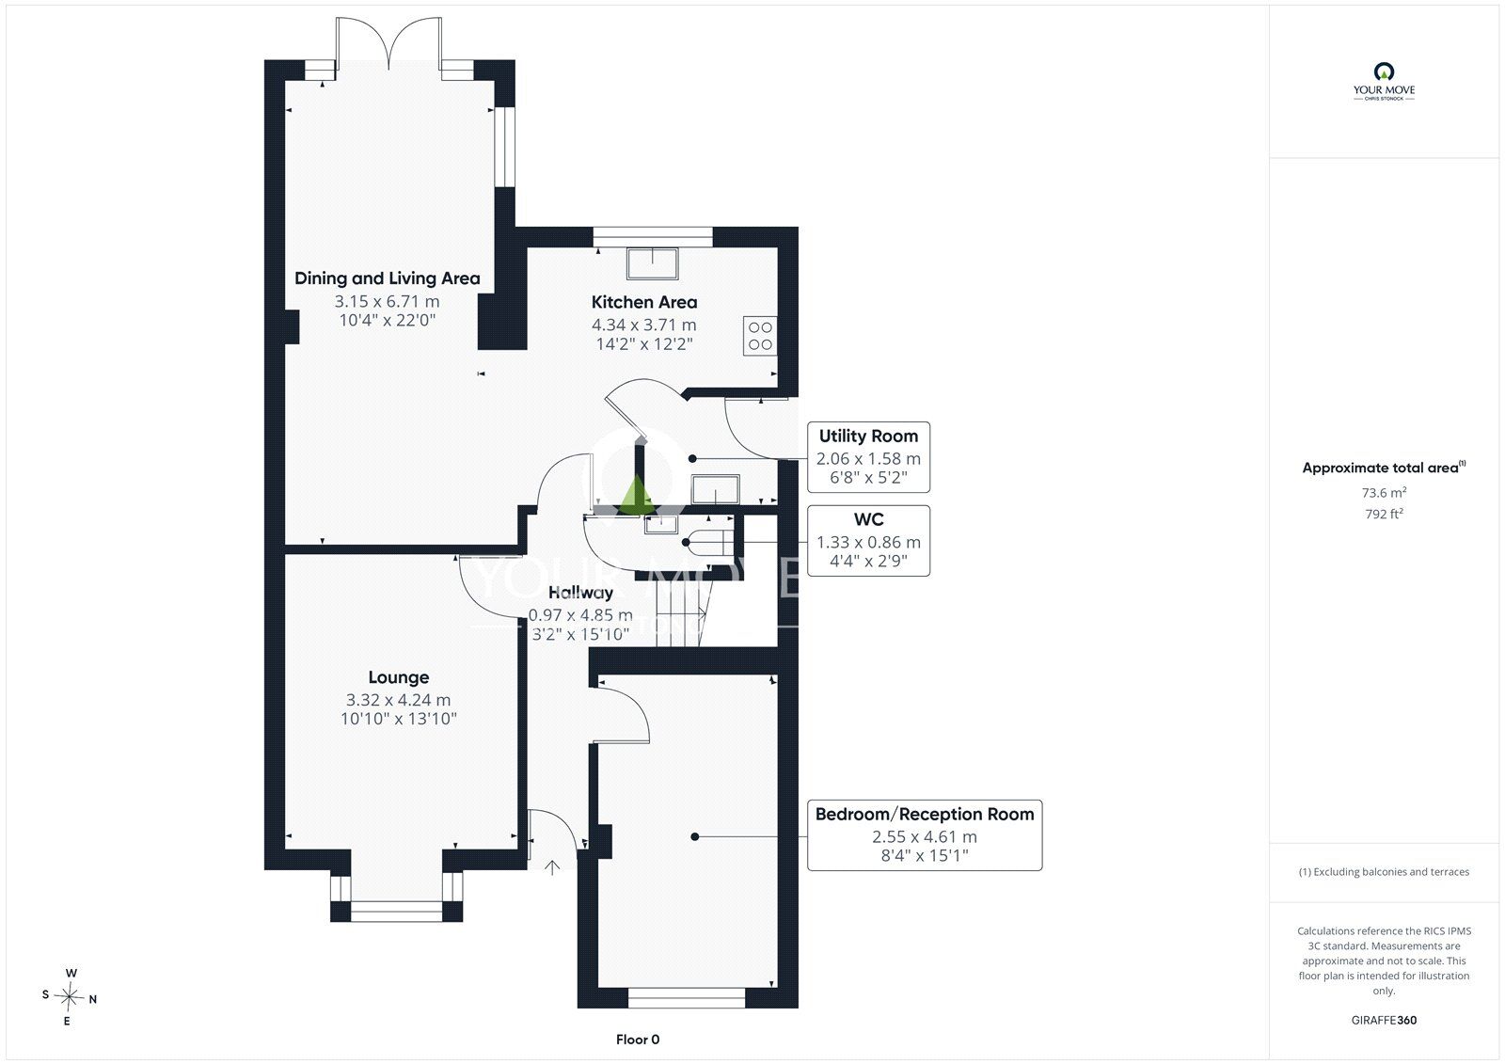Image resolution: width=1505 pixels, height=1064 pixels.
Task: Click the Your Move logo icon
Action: point(1384,71)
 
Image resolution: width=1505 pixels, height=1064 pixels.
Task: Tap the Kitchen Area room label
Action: point(644,303)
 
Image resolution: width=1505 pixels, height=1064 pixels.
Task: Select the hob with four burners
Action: point(760,336)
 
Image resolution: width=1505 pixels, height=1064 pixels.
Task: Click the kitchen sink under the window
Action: point(653,263)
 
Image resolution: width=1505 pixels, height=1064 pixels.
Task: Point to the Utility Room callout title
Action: point(868,437)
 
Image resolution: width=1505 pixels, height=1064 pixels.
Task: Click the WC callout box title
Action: point(868,519)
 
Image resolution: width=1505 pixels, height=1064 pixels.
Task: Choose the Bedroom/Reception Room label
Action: point(925,815)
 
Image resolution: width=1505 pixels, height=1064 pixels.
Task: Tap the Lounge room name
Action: point(399,677)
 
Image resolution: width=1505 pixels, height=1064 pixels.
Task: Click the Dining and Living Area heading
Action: point(387,278)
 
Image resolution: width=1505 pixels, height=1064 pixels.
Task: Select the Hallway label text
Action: point(580,593)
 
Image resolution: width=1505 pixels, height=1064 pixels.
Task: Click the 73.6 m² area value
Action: point(1384,493)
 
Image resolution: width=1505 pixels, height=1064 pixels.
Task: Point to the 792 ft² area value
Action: point(1384,514)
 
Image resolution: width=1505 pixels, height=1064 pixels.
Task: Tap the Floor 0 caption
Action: point(638,1040)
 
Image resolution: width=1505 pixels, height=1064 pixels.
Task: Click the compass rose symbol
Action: point(69,997)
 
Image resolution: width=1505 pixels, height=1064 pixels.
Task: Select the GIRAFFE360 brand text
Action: point(1384,1020)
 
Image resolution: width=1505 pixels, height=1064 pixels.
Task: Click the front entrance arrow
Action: point(551,867)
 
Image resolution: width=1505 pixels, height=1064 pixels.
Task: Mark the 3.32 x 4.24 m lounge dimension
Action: point(399,700)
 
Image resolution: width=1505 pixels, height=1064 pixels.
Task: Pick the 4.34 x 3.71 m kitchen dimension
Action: point(644,325)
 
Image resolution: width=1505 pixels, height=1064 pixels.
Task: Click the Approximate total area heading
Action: point(1384,468)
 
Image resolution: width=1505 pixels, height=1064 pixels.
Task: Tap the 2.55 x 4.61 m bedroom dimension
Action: point(925,837)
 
